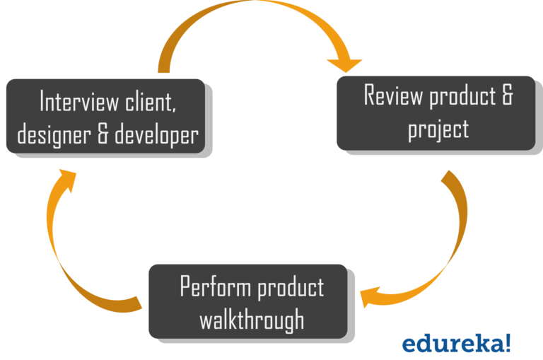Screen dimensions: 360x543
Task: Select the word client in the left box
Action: [x=147, y=102]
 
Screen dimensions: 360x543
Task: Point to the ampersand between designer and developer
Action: [x=103, y=134]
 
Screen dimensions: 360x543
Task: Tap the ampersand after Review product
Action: [x=506, y=95]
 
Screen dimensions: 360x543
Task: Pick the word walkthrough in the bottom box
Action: [x=251, y=320]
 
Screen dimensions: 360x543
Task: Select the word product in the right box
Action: [x=462, y=95]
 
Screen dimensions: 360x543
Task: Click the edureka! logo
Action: [x=456, y=344]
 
